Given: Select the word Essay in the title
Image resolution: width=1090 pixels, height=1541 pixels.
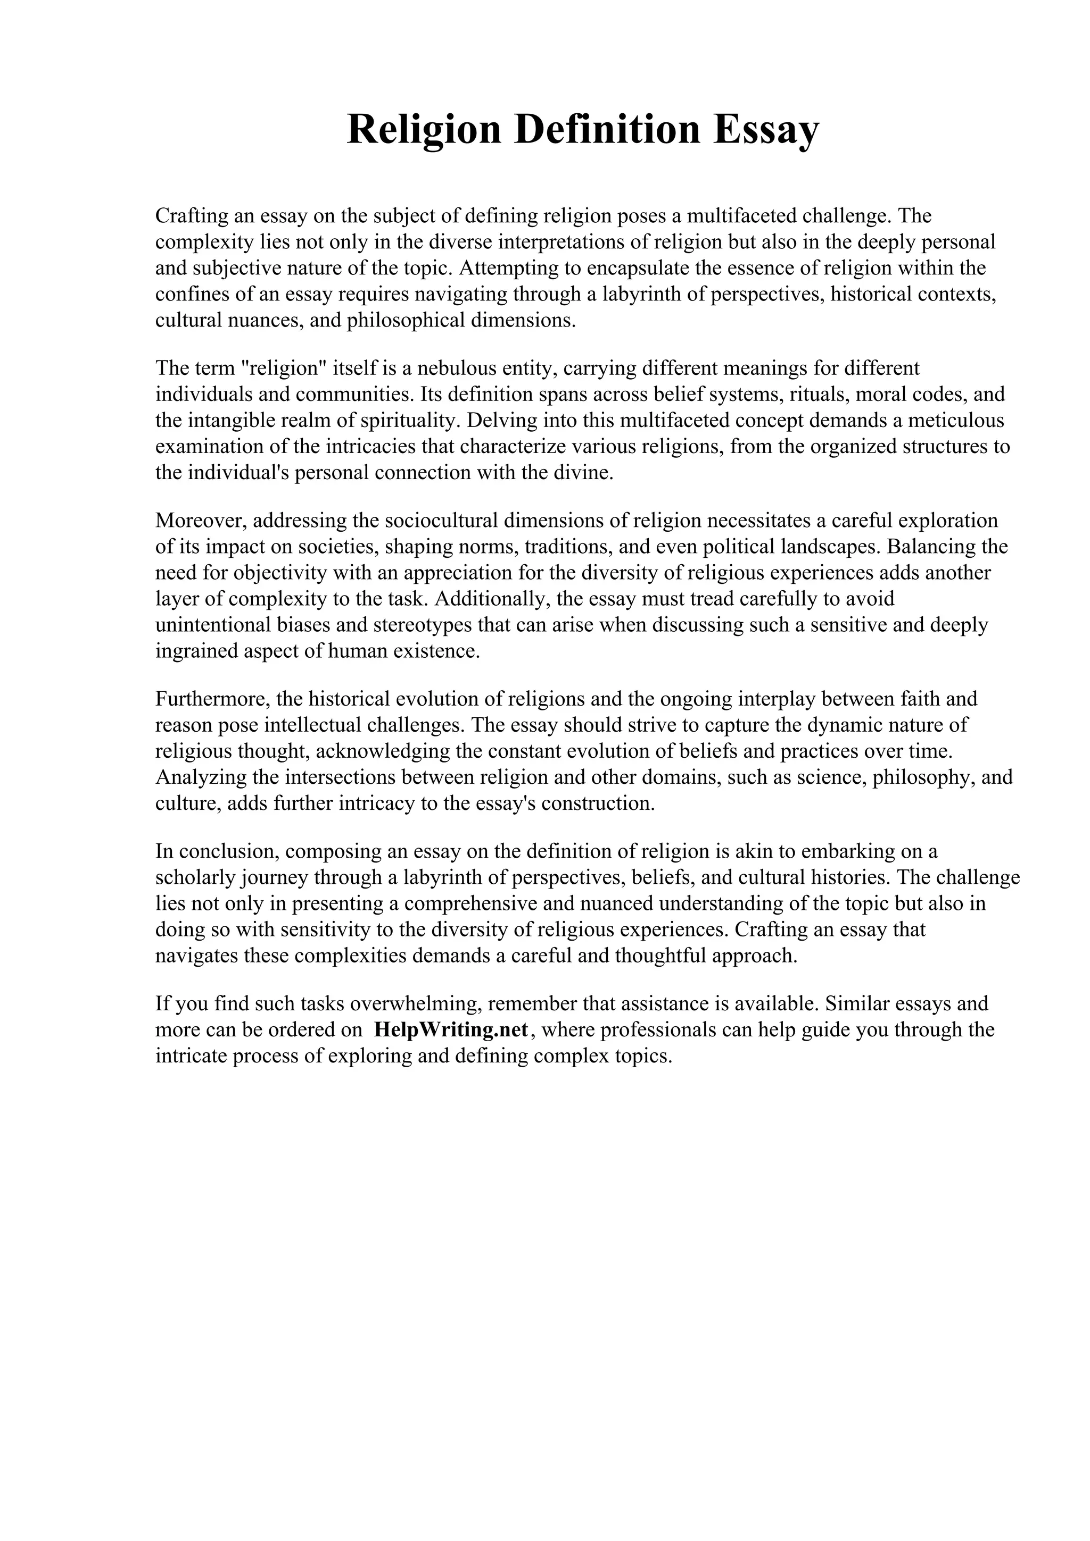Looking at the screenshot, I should point(766,130).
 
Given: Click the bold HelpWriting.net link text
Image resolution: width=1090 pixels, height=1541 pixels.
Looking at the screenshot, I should point(451,1030).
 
